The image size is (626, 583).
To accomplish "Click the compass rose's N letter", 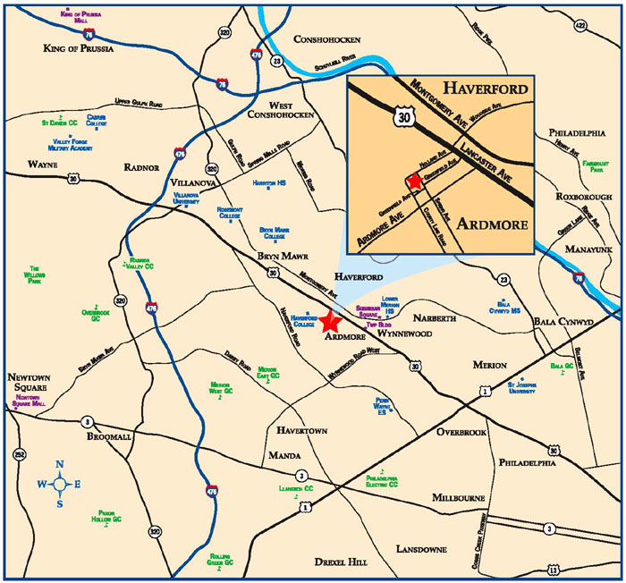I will [59, 464].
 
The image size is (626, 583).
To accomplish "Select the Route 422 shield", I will [605, 26].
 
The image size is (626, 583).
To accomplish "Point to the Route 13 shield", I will [554, 569].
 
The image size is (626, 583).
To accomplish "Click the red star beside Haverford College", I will [332, 321].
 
